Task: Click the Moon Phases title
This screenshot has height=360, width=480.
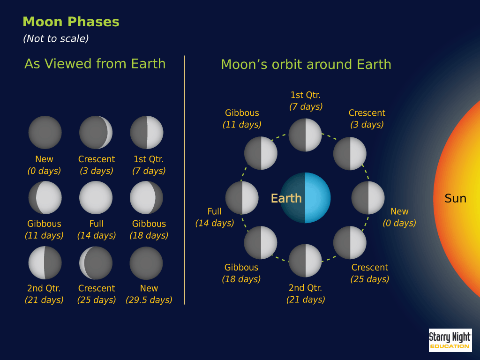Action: tap(71, 22)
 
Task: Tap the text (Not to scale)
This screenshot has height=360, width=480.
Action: tap(56, 38)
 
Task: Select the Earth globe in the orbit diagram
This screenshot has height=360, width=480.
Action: tap(305, 198)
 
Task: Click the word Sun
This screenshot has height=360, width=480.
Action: tap(455, 198)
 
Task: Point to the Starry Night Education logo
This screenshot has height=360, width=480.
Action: tap(450, 340)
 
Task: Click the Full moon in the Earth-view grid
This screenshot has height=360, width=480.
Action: tap(96, 197)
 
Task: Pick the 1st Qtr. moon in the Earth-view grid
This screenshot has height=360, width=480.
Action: tap(147, 132)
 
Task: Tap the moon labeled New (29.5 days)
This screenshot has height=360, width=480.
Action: tap(146, 263)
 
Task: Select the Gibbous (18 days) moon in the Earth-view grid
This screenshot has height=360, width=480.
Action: tap(147, 197)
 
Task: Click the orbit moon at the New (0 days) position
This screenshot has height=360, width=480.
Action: tap(368, 198)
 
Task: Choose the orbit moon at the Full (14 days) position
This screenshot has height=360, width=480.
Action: tap(242, 198)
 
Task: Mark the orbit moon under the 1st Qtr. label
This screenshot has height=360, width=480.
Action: tap(305, 135)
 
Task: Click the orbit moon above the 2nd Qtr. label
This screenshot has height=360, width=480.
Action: tap(305, 261)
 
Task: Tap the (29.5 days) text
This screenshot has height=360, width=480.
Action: tap(149, 300)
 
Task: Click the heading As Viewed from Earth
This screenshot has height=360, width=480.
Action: tap(95, 64)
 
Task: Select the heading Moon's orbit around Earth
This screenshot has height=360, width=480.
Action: tap(306, 64)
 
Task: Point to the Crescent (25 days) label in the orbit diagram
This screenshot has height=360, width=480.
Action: tap(370, 273)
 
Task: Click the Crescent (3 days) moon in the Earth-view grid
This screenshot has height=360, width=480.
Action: tap(96, 132)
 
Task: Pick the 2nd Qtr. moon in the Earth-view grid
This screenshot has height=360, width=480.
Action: tap(45, 262)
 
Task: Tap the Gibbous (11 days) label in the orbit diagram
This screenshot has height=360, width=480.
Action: tap(242, 119)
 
